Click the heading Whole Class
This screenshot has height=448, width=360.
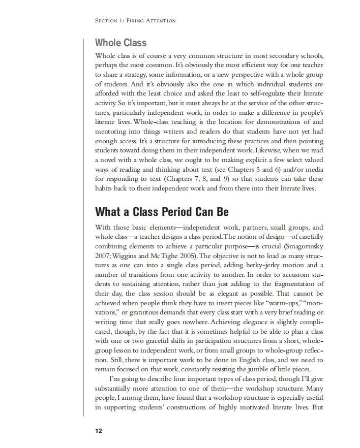pyautogui.click(x=121, y=43)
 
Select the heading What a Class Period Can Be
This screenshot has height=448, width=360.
pyautogui.click(x=162, y=212)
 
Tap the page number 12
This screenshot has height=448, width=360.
pyautogui.click(x=98, y=431)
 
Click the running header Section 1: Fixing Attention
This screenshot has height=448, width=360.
pyautogui.click(x=135, y=20)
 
